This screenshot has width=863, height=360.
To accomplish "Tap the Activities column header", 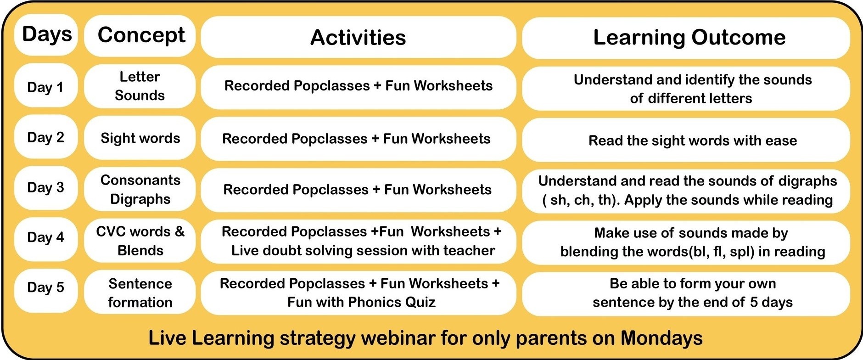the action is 359,37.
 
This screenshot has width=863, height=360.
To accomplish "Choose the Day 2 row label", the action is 46,137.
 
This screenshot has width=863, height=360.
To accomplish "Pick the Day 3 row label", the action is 46,187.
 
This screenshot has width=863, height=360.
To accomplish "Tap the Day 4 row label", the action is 46,237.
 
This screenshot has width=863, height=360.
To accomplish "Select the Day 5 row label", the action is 46,287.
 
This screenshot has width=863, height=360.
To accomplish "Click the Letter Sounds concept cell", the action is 140,86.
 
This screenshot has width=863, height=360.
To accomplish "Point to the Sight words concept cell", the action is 140,138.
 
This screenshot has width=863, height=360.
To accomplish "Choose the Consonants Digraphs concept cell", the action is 140,189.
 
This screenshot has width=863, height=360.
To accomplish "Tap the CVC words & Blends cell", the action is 140,241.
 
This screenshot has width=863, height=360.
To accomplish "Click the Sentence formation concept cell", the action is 140,292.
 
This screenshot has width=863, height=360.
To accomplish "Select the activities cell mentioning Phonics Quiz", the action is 359,293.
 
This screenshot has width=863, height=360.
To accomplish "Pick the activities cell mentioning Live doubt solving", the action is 359,241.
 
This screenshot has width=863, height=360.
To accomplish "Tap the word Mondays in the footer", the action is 661,338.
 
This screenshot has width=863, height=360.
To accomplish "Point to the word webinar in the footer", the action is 398,338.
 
